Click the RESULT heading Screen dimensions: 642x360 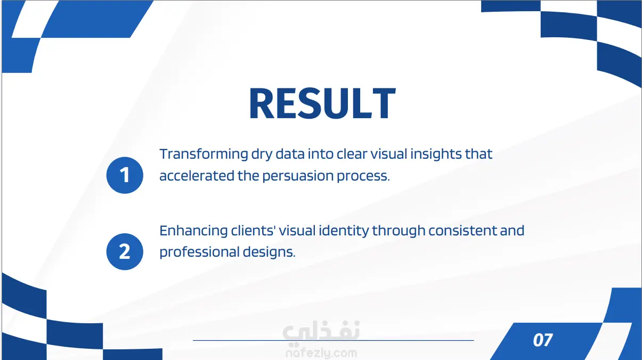(x=322, y=103)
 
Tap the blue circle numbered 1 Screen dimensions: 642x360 (x=125, y=175)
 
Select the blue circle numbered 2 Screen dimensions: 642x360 (x=125, y=252)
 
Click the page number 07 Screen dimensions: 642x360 (x=543, y=340)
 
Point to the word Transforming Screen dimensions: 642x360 (x=204, y=154)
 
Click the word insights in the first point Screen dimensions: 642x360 (x=436, y=154)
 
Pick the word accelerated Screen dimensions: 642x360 (x=197, y=176)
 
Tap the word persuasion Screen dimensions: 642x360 (x=298, y=176)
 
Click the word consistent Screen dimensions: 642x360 (x=463, y=231)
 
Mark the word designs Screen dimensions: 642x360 (x=269, y=252)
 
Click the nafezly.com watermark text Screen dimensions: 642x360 (x=321, y=354)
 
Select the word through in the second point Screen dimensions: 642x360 (x=399, y=231)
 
